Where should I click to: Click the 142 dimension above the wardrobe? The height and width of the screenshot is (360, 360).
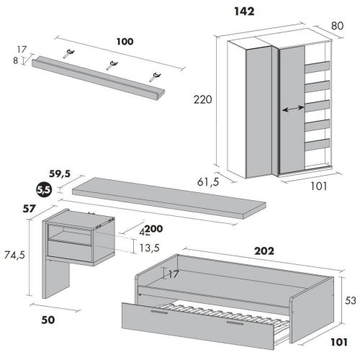(244, 12)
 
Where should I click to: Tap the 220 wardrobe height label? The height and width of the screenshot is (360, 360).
(203, 99)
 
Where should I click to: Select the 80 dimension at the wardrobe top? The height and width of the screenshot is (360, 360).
(337, 26)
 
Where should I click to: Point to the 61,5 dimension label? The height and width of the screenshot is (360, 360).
(208, 182)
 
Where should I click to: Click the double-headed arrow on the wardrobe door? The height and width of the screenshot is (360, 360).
(293, 109)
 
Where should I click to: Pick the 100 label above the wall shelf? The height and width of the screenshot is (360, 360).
(125, 42)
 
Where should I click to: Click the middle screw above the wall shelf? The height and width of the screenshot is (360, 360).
(112, 66)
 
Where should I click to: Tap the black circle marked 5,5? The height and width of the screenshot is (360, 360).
(44, 190)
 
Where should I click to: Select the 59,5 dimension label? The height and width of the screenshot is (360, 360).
(60, 174)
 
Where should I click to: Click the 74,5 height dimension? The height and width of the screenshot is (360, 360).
(14, 255)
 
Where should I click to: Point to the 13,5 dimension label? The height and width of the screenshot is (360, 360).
(149, 248)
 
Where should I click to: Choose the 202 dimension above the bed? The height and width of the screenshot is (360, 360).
(264, 251)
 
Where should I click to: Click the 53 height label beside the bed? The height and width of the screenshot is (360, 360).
(351, 300)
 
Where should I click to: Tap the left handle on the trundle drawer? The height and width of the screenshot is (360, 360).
(159, 312)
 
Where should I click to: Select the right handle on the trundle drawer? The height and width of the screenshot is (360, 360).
(235, 323)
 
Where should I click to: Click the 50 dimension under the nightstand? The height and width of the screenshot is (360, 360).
(48, 320)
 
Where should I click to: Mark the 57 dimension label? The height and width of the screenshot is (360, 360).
(29, 209)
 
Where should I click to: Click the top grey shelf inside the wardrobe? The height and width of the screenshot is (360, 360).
(317, 67)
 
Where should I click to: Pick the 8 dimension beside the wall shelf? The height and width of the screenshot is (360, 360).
(16, 60)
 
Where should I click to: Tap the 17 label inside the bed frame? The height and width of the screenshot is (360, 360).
(174, 274)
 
